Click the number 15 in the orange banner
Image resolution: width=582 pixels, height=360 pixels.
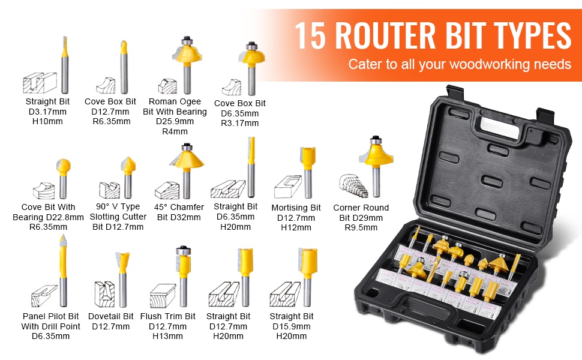click(x=310, y=35)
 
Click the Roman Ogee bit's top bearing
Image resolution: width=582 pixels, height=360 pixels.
click(x=187, y=40)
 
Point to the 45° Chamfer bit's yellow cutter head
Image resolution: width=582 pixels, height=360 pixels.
click(x=187, y=159)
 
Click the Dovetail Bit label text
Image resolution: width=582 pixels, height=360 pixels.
click(x=110, y=316)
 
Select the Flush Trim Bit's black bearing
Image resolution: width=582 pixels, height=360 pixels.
click(x=184, y=250)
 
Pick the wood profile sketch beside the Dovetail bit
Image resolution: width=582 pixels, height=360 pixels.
click(x=104, y=294)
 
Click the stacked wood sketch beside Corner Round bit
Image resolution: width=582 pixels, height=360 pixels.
click(x=353, y=185)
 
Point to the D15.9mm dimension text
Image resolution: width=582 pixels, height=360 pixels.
click(x=292, y=326)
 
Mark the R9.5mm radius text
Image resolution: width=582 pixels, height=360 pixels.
click(x=361, y=227)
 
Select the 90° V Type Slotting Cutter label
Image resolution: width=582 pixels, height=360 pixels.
click(x=118, y=217)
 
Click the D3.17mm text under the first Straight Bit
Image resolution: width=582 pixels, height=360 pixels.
click(x=47, y=112)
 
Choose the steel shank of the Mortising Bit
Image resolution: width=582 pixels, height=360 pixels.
click(x=308, y=182)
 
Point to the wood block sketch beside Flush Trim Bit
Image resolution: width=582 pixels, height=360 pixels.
click(x=163, y=296)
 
